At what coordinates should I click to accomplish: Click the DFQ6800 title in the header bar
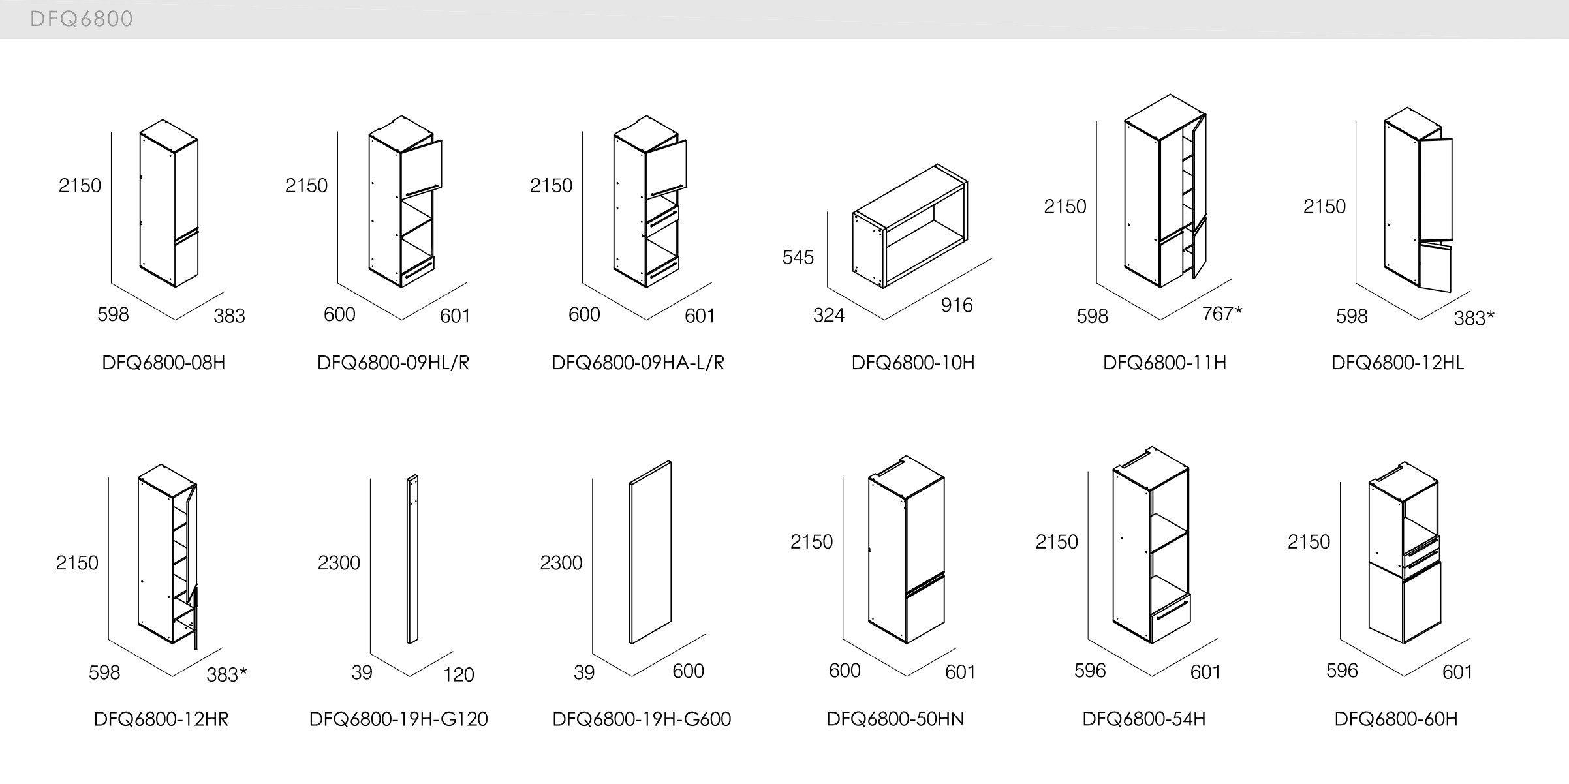(82, 19)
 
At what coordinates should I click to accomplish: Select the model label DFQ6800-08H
(163, 363)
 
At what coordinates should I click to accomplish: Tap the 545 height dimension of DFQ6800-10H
(798, 258)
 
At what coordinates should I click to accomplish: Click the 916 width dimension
(956, 305)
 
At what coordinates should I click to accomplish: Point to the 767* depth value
(1222, 314)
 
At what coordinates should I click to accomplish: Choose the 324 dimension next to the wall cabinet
(828, 316)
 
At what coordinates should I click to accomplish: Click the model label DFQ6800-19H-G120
(398, 719)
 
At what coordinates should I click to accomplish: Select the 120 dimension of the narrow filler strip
(458, 674)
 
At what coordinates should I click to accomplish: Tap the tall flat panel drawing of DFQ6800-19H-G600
(650, 553)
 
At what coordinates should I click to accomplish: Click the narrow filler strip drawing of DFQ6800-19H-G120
(412, 560)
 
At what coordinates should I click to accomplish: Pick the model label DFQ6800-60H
(1395, 719)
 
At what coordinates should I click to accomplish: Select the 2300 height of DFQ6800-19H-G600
(561, 563)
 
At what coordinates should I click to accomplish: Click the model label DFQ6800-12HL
(1397, 363)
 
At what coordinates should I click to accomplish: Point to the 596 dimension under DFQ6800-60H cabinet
(1341, 671)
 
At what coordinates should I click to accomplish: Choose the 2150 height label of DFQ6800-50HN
(811, 542)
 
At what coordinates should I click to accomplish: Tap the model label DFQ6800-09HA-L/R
(638, 363)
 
